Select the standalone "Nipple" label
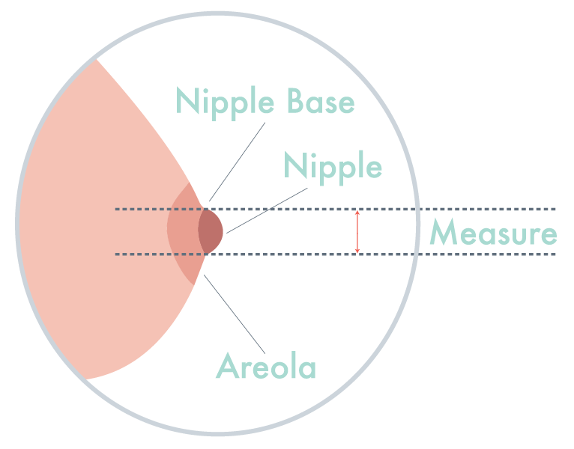click(x=333, y=165)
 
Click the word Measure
click(x=493, y=233)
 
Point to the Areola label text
click(x=266, y=367)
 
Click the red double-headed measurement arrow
click(x=357, y=232)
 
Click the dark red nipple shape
click(x=211, y=231)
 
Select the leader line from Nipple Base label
click(x=236, y=160)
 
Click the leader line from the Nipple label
click(x=259, y=210)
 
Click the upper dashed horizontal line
click(x=300, y=209)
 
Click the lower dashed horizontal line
click(x=300, y=254)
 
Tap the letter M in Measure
click(x=444, y=233)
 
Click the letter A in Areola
click(x=227, y=367)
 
